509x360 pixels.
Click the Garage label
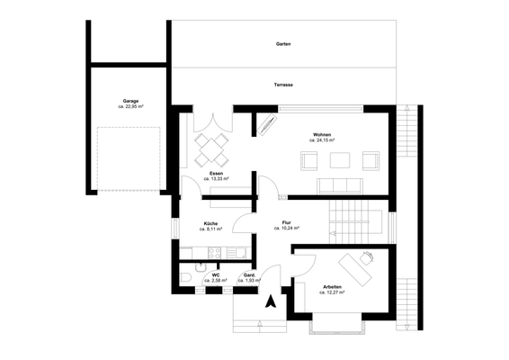131,101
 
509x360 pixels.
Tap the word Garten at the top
283,43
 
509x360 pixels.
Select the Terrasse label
283,85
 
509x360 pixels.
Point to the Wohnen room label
322,134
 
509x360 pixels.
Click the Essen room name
216,173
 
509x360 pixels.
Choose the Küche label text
212,222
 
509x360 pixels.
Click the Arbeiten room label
333,286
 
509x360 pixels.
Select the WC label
216,274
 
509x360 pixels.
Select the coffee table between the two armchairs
339,161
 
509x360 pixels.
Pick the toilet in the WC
184,276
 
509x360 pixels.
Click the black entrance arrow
267,304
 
